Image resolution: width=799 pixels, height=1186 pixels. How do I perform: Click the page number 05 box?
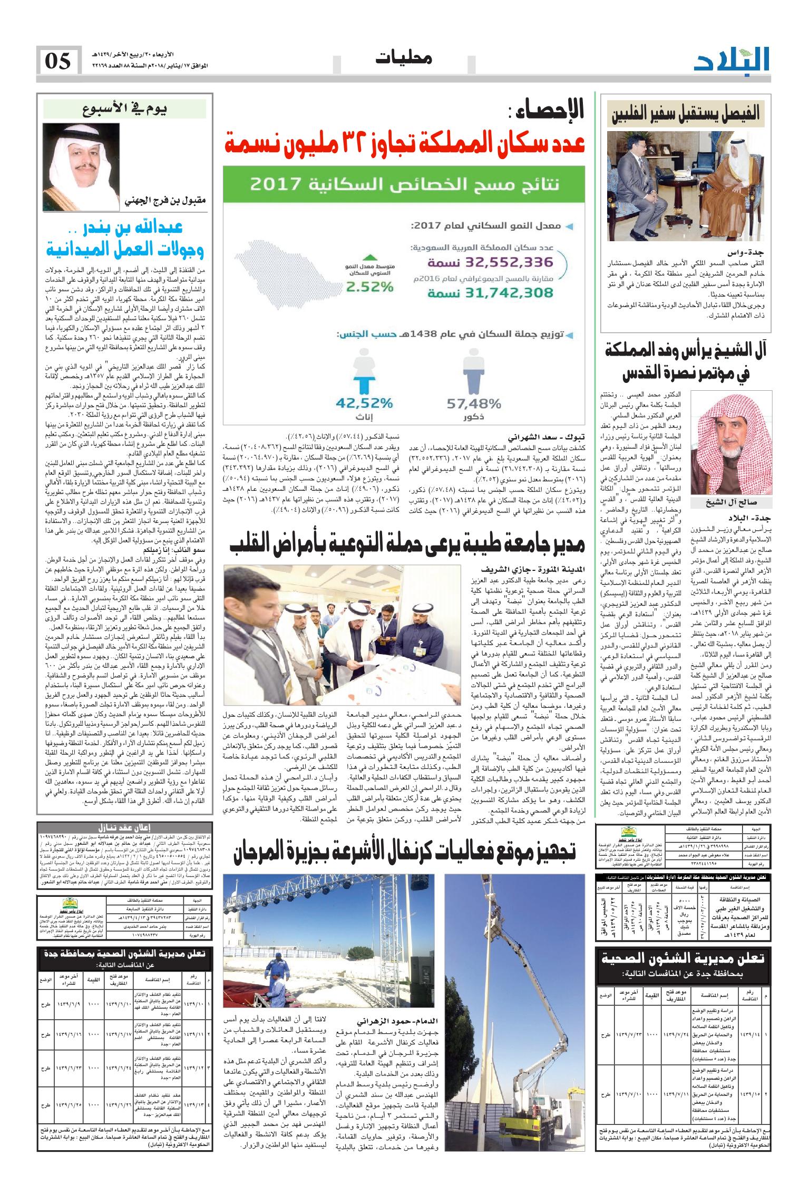tap(59, 61)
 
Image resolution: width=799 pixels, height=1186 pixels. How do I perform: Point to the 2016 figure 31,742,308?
tap(490, 292)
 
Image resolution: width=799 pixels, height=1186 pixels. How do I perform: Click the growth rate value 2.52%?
tap(370, 287)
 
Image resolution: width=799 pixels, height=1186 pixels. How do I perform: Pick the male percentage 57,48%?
tap(473, 404)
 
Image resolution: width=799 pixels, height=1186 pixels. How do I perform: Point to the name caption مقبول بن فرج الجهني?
tap(165, 201)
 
